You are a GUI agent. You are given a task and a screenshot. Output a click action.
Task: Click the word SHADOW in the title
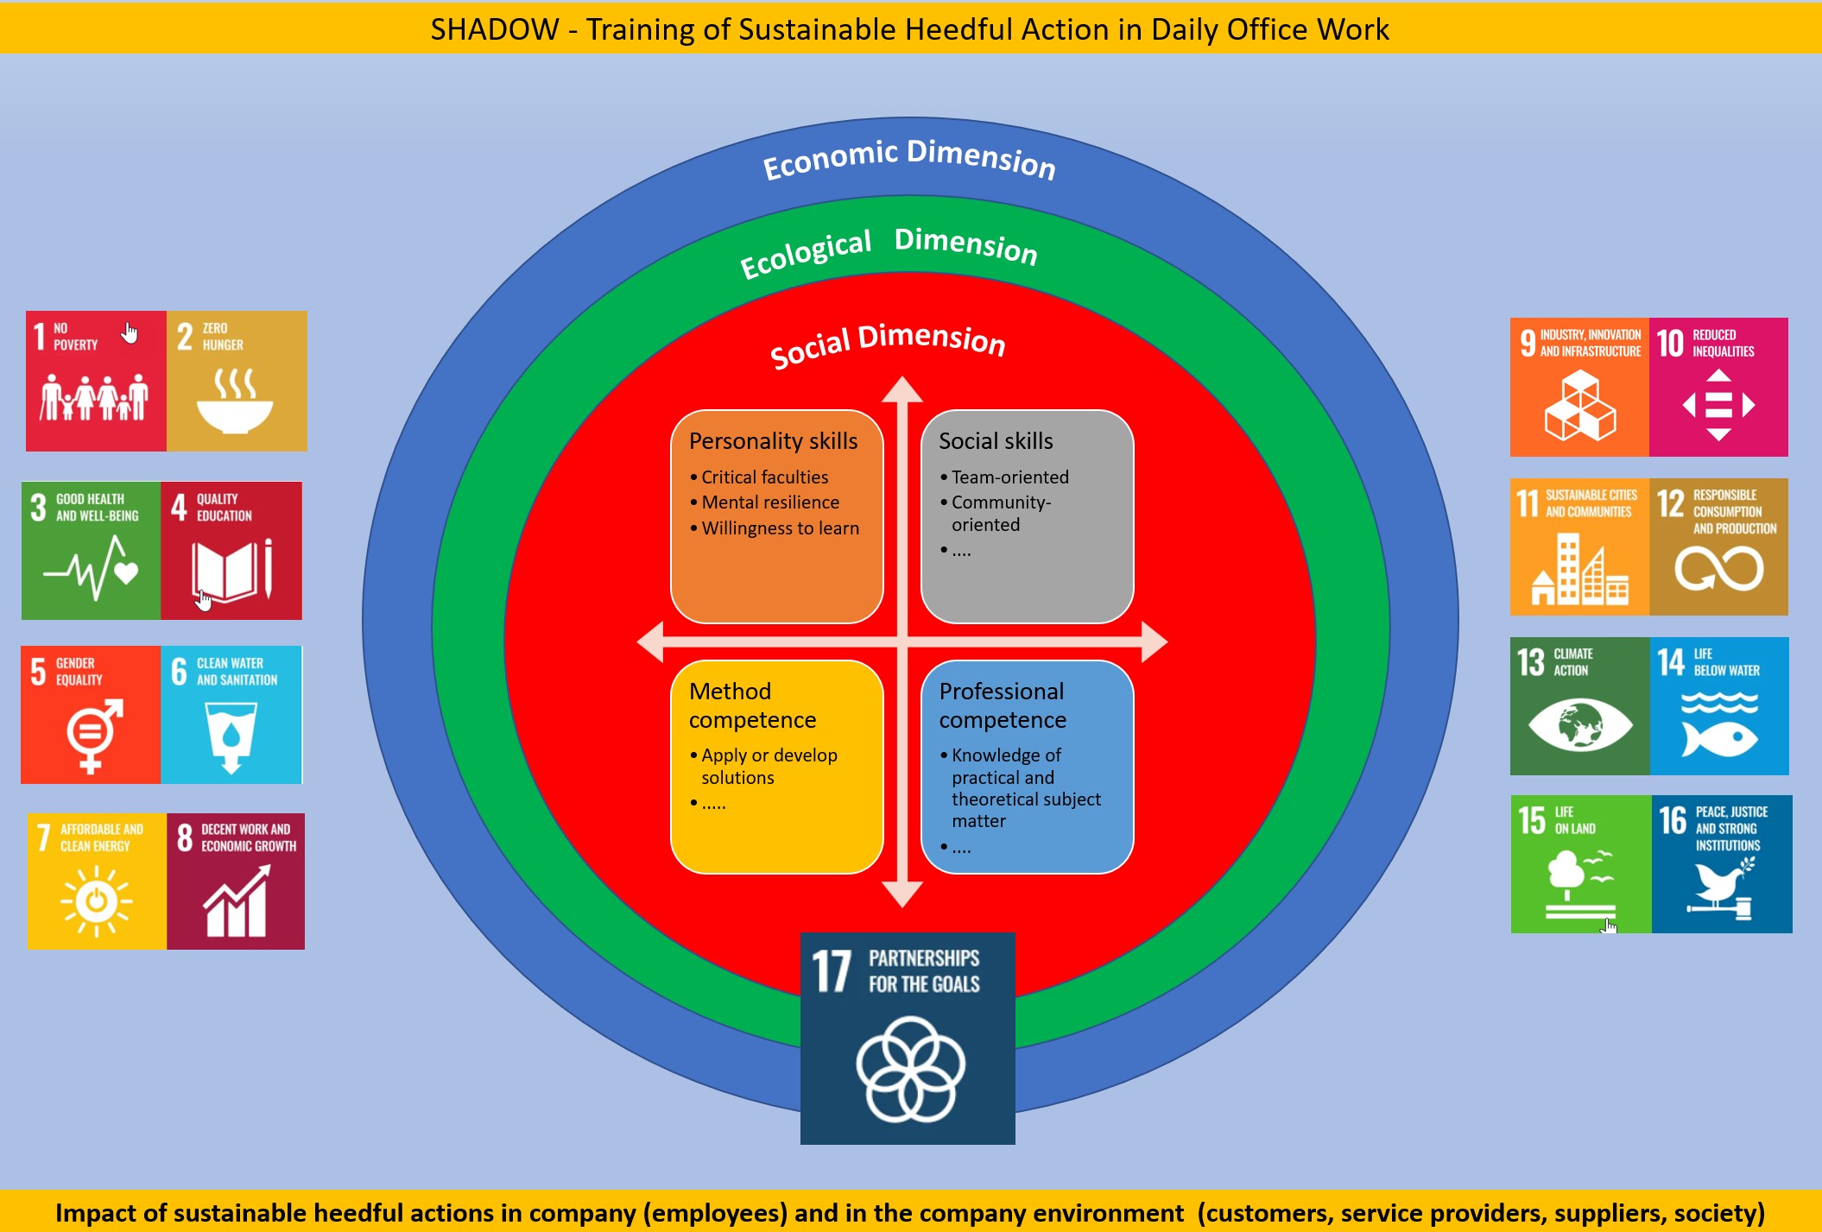[495, 29]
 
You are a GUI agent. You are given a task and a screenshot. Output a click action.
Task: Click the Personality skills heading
[773, 441]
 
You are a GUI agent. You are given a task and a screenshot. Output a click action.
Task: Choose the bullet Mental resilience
[769, 502]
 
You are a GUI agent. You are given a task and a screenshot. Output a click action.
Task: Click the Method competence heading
[751, 705]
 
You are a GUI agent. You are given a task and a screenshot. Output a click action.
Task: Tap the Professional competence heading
[1003, 705]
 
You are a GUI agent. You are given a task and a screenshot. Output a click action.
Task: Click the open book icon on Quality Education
[225, 570]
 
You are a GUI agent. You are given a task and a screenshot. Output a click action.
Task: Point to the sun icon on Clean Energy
[96, 900]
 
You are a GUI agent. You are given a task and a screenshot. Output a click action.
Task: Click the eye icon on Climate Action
[1579, 724]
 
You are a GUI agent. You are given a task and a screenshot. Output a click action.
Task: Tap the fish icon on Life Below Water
[1718, 738]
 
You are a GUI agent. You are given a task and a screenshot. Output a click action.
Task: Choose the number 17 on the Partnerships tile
[832, 971]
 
